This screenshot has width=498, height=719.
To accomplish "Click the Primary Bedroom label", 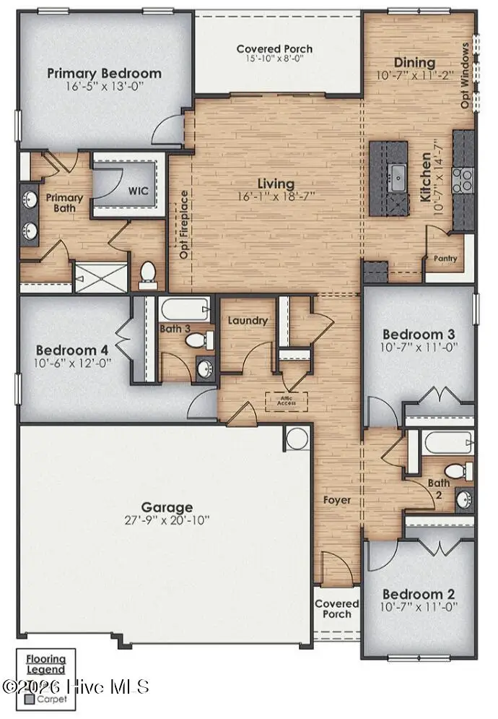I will point(104,73).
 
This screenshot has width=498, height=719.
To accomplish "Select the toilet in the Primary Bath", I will point(149,272).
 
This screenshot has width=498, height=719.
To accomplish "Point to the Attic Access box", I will point(287,401).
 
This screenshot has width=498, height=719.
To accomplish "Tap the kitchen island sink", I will point(396,176).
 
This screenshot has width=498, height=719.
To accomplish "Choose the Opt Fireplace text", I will point(185,224).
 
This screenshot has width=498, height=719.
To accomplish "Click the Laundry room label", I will point(248,320).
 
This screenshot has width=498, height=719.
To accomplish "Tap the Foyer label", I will point(337,499).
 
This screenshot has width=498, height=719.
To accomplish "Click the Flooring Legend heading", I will point(45,664).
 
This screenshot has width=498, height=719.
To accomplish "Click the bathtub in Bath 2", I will point(448,440).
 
